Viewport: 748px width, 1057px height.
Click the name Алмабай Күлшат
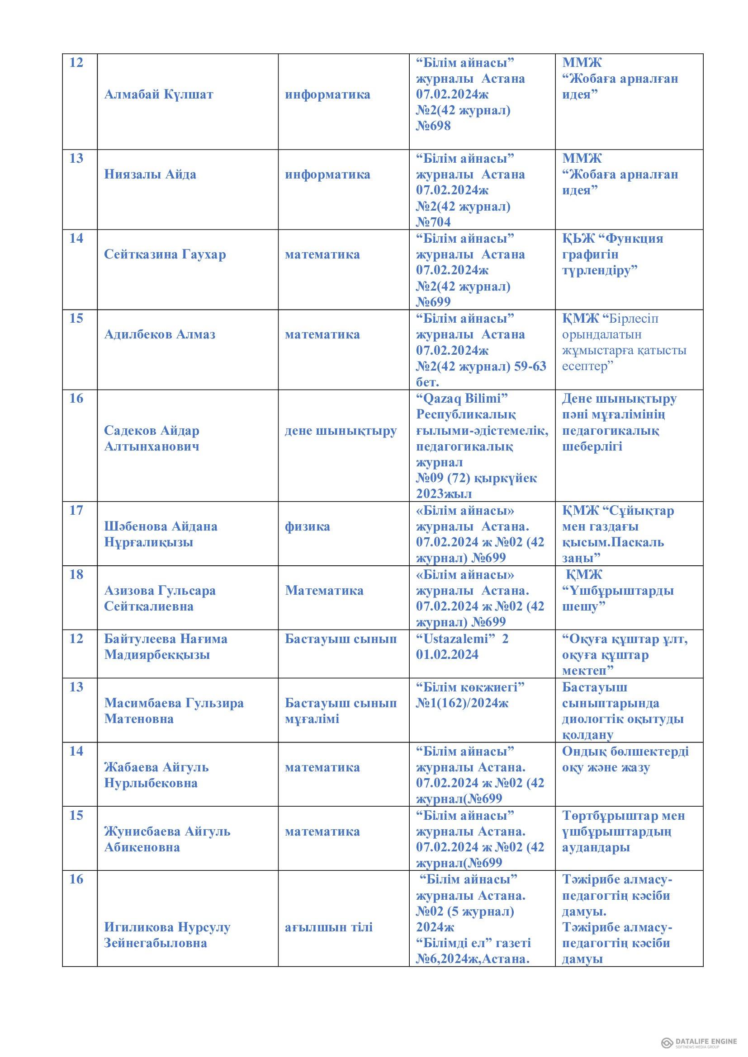pos(159,94)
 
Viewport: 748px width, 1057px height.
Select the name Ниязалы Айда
pos(150,174)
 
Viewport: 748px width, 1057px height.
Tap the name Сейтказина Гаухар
pos(165,254)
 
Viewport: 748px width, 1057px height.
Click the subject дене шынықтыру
pos(341,431)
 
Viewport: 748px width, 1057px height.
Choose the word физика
pos(307,526)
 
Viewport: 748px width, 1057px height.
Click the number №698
pos(433,126)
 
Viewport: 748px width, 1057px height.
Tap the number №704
pos(433,222)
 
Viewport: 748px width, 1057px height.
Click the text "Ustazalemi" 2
pos(462,639)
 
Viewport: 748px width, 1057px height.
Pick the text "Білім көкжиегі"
pos(470,687)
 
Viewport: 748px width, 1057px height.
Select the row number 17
pos(76,511)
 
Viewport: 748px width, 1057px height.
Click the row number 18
pos(76,574)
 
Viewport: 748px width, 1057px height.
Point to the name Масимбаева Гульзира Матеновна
pos(174,711)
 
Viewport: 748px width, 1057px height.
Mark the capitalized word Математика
pos(324,591)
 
